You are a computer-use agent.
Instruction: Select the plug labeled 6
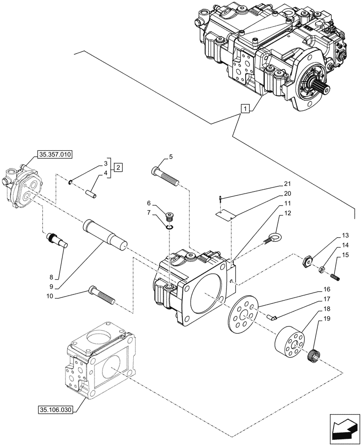169,218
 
